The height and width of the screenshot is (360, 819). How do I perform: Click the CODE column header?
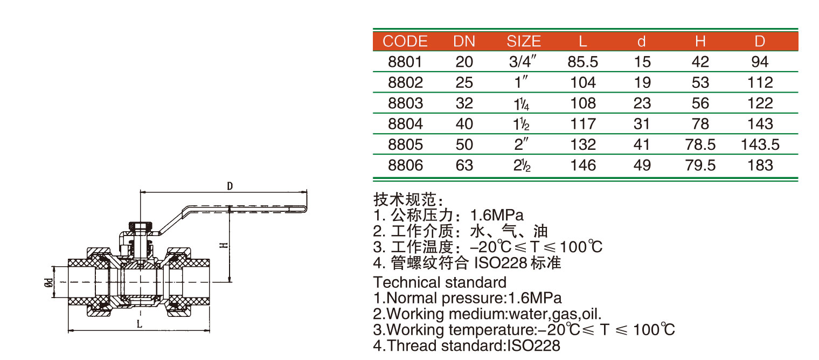click(405, 41)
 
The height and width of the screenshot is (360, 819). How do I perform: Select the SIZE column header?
click(524, 41)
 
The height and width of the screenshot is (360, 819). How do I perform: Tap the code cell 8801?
click(405, 62)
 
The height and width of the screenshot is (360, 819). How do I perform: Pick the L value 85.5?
click(583, 62)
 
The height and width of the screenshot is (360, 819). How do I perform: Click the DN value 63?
click(464, 165)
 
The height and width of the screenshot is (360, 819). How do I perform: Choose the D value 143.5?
click(760, 144)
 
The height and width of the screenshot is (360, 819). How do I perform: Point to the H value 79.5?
click(700, 165)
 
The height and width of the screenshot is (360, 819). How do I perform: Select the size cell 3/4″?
click(523, 61)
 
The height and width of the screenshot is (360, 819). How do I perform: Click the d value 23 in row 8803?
click(642, 103)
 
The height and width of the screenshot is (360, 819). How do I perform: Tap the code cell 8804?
click(405, 124)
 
